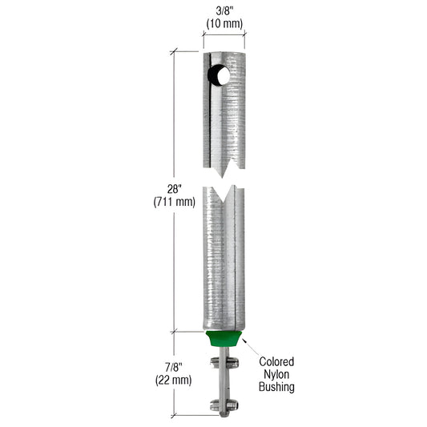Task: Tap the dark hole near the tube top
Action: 218,76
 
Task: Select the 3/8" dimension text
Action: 224,10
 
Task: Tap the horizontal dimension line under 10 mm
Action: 224,34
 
